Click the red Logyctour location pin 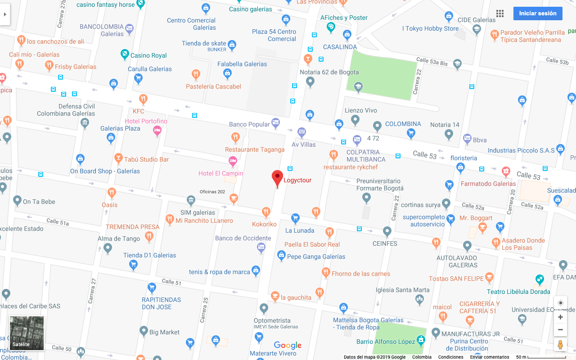pyautogui.click(x=277, y=178)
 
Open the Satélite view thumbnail pyautogui.click(x=27, y=333)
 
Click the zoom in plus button pyautogui.click(x=560, y=317)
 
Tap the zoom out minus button pyautogui.click(x=560, y=330)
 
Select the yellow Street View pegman pyautogui.click(x=560, y=345)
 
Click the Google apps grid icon pyautogui.click(x=500, y=13)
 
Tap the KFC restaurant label pyautogui.click(x=139, y=111)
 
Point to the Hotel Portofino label pyautogui.click(x=146, y=121)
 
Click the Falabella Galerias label pyautogui.click(x=242, y=64)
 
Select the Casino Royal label pyautogui.click(x=148, y=55)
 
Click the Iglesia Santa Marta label pyautogui.click(x=402, y=290)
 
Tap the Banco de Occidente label pyautogui.click(x=243, y=238)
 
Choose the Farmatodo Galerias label pyautogui.click(x=488, y=184)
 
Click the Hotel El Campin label pyautogui.click(x=220, y=173)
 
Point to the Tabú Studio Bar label pyautogui.click(x=146, y=159)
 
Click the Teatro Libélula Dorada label pyautogui.click(x=518, y=292)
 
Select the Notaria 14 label pyautogui.click(x=445, y=125)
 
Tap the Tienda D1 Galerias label pyautogui.click(x=149, y=255)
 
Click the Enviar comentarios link pyautogui.click(x=490, y=357)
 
